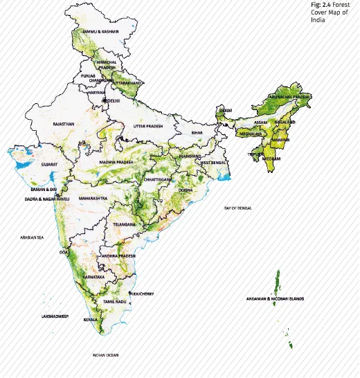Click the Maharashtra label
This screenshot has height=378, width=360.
pyautogui.click(x=93, y=198)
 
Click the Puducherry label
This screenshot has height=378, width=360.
pyautogui.click(x=143, y=294)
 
